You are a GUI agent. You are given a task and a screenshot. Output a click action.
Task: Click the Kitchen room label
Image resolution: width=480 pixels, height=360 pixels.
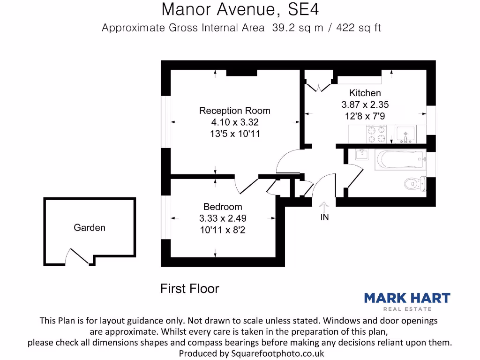365,93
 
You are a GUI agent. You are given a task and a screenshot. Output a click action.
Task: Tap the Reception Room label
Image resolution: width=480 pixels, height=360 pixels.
234,111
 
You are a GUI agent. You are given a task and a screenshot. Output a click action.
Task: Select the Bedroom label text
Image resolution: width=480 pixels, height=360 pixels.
223,207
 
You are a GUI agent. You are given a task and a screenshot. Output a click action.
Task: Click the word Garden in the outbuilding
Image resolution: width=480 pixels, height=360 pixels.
90,228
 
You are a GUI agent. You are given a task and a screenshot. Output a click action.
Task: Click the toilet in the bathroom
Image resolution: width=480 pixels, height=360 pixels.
415,183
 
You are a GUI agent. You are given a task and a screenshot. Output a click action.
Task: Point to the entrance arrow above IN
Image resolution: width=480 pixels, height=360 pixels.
324,206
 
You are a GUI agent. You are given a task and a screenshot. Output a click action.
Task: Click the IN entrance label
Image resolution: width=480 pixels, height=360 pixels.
324,217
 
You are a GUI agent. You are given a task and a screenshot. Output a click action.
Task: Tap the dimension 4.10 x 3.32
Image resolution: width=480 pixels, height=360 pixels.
234,122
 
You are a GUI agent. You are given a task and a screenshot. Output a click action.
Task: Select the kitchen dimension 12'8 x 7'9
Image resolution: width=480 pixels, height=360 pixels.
365,116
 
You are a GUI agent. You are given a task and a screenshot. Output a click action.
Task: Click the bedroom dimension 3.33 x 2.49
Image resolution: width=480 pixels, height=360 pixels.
223,218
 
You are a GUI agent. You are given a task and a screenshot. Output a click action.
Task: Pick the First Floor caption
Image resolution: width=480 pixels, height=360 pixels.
189,289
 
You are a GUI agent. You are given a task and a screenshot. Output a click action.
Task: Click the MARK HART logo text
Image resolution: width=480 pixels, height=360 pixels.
407,298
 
